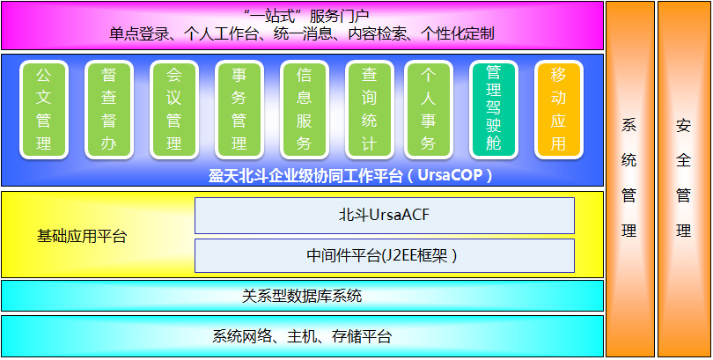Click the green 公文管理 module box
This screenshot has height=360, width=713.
pos(44,110)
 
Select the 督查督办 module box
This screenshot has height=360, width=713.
pos(109,110)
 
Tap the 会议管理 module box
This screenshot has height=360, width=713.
pos(174,110)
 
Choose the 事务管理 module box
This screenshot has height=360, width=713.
pos(239,110)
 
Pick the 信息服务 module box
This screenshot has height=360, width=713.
pos(305,110)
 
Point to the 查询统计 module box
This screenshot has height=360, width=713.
pos(369,110)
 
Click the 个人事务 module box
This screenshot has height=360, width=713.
pos(429,110)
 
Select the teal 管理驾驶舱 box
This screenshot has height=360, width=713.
pos(493,110)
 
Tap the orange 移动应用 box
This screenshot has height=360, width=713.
pos(558,110)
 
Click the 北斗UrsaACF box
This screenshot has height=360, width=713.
pos(385,216)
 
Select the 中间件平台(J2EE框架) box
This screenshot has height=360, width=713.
pos(385,256)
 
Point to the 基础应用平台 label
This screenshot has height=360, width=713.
pos(82,237)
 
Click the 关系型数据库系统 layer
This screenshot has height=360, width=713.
pos(303,296)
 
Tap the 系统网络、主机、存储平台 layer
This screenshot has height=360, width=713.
pos(303,336)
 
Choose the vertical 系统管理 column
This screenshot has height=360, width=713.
pos(630,179)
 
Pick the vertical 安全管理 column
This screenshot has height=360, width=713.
pos(684,179)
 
